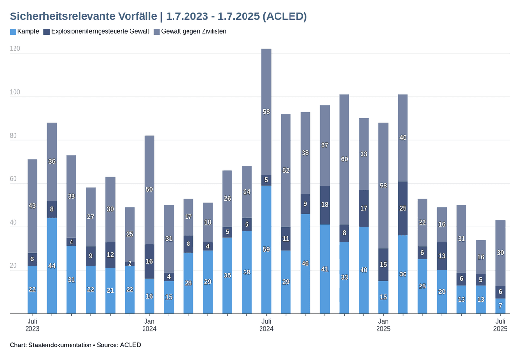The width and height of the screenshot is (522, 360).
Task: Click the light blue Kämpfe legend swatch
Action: pyautogui.click(x=13, y=32)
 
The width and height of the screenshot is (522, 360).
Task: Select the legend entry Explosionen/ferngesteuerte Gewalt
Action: pyautogui.click(x=100, y=32)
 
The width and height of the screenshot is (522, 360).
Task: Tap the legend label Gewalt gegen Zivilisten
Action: pyautogui.click(x=193, y=32)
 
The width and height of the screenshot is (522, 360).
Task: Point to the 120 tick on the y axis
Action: pyautogui.click(x=15, y=49)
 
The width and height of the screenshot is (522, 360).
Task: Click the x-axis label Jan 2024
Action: pyautogui.click(x=149, y=325)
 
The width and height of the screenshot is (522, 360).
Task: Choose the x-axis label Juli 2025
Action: pyautogui.click(x=500, y=325)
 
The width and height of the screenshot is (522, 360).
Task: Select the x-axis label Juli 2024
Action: pyautogui.click(x=266, y=325)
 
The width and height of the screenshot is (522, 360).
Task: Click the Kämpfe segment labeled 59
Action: pyautogui.click(x=266, y=249)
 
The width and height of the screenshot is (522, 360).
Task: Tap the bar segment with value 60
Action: pyautogui.click(x=344, y=159)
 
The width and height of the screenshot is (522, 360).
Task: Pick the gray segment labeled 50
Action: pyautogui.click(x=149, y=189)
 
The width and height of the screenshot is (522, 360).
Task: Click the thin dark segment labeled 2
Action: pyautogui.click(x=130, y=264)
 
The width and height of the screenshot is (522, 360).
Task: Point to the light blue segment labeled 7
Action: pyautogui.click(x=500, y=306)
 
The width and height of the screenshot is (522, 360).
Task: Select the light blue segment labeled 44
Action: pyautogui.click(x=52, y=266)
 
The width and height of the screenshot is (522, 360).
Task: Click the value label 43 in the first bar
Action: pyautogui.click(x=32, y=206)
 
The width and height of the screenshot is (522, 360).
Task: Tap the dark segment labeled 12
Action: pyautogui.click(x=110, y=255)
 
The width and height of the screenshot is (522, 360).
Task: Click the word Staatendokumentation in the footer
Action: pyautogui.click(x=60, y=345)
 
